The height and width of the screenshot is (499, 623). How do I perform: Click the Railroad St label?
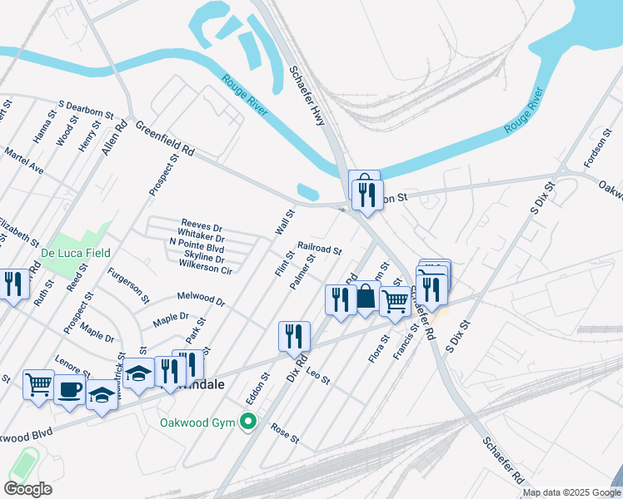coord(320,249)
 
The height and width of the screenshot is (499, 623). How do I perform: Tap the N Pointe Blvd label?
coord(197,248)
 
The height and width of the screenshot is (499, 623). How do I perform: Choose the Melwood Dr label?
coord(201,297)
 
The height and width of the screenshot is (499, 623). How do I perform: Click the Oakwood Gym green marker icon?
coord(247,422)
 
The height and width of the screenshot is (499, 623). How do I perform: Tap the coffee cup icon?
coord(70,388)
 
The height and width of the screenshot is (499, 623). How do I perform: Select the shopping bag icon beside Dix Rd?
coord(366,298)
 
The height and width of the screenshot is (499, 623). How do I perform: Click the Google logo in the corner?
coord(27,489)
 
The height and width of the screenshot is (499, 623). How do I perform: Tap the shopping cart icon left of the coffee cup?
coord(39,384)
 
